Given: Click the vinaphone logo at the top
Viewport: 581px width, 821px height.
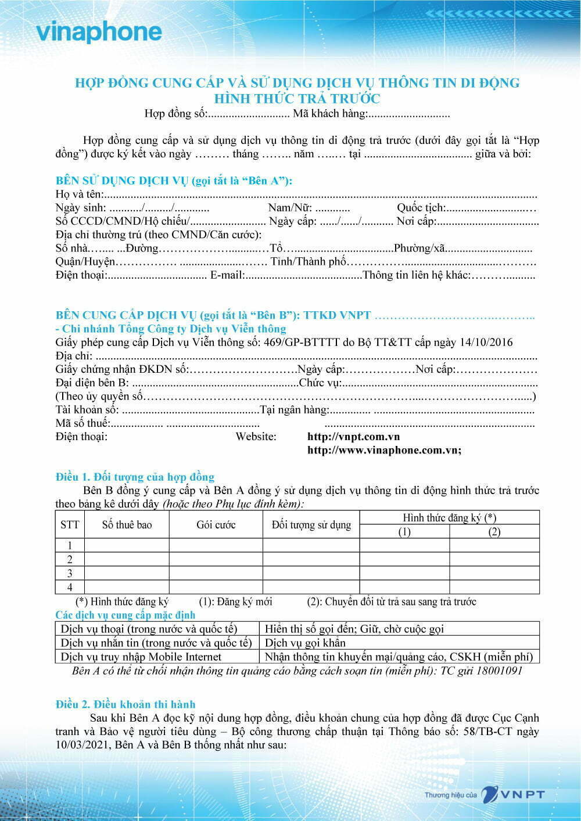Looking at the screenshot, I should pos(99,32).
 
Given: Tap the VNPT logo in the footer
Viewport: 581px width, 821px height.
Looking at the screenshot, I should pos(514,795).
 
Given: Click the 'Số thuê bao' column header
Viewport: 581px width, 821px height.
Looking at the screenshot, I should pos(127,525).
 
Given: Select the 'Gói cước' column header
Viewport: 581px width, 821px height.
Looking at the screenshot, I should pos(216,525).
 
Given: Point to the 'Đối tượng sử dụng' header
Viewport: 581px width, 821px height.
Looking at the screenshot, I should pos(311,525).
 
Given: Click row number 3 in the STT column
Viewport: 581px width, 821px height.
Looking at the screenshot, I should pos(70,573).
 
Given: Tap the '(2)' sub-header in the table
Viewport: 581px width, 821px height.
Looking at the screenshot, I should pos(494,532).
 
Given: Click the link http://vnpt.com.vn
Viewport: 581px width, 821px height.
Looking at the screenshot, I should pos(353,437).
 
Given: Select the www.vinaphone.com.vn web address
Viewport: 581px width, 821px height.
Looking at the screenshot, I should pos(384,450).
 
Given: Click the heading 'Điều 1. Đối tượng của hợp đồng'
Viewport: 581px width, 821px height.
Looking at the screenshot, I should pos(135,477).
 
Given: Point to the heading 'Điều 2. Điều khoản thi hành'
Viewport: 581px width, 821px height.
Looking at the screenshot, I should pos(125,704).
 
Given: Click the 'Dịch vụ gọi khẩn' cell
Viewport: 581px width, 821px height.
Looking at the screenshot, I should pos(305,643).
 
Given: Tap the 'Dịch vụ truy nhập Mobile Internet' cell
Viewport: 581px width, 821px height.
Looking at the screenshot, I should pos(141,657).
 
